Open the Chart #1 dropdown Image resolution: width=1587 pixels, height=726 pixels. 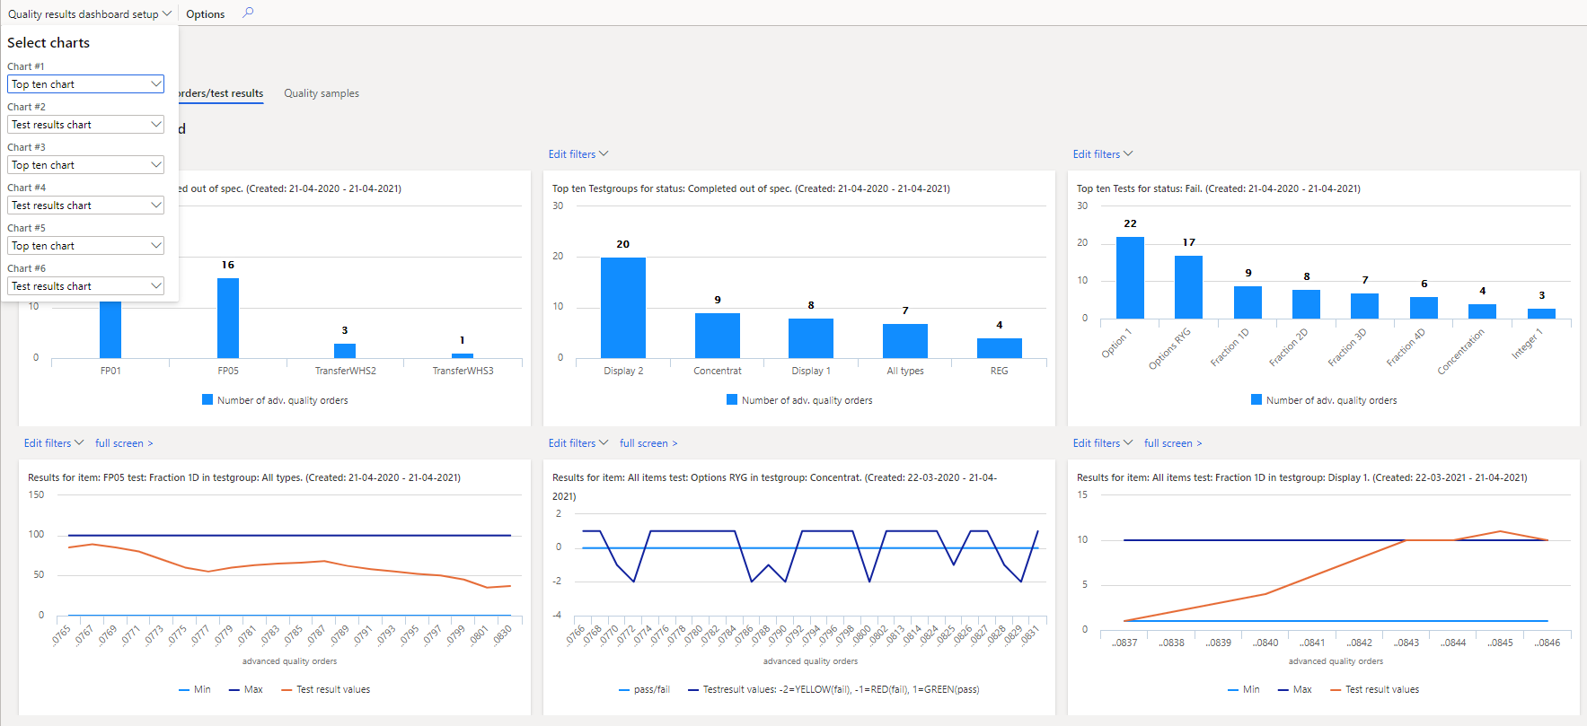click(x=85, y=84)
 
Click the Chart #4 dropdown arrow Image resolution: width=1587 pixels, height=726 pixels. click(x=155, y=206)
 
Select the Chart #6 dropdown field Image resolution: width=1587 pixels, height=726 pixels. click(x=85, y=286)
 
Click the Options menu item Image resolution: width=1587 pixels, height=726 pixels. click(x=205, y=14)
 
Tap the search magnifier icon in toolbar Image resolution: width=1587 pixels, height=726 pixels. click(x=248, y=13)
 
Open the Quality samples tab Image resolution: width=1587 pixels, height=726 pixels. click(x=321, y=93)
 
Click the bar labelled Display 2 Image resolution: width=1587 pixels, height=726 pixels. click(x=622, y=308)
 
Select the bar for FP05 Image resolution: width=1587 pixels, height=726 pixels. click(x=228, y=319)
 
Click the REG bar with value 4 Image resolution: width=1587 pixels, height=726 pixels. click(x=999, y=348)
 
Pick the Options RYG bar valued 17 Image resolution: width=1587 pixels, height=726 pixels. click(x=1188, y=287)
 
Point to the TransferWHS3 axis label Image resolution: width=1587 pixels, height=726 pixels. click(x=463, y=371)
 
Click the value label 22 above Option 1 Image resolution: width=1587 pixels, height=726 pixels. click(x=1130, y=223)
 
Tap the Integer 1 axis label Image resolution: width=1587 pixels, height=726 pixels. click(x=1527, y=344)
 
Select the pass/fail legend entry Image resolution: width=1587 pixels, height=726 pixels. click(x=645, y=689)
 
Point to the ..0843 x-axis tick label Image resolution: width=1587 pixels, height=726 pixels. click(x=1406, y=643)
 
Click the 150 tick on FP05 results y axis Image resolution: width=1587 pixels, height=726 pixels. click(x=36, y=494)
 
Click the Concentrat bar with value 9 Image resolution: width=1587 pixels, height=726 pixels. click(x=717, y=336)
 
